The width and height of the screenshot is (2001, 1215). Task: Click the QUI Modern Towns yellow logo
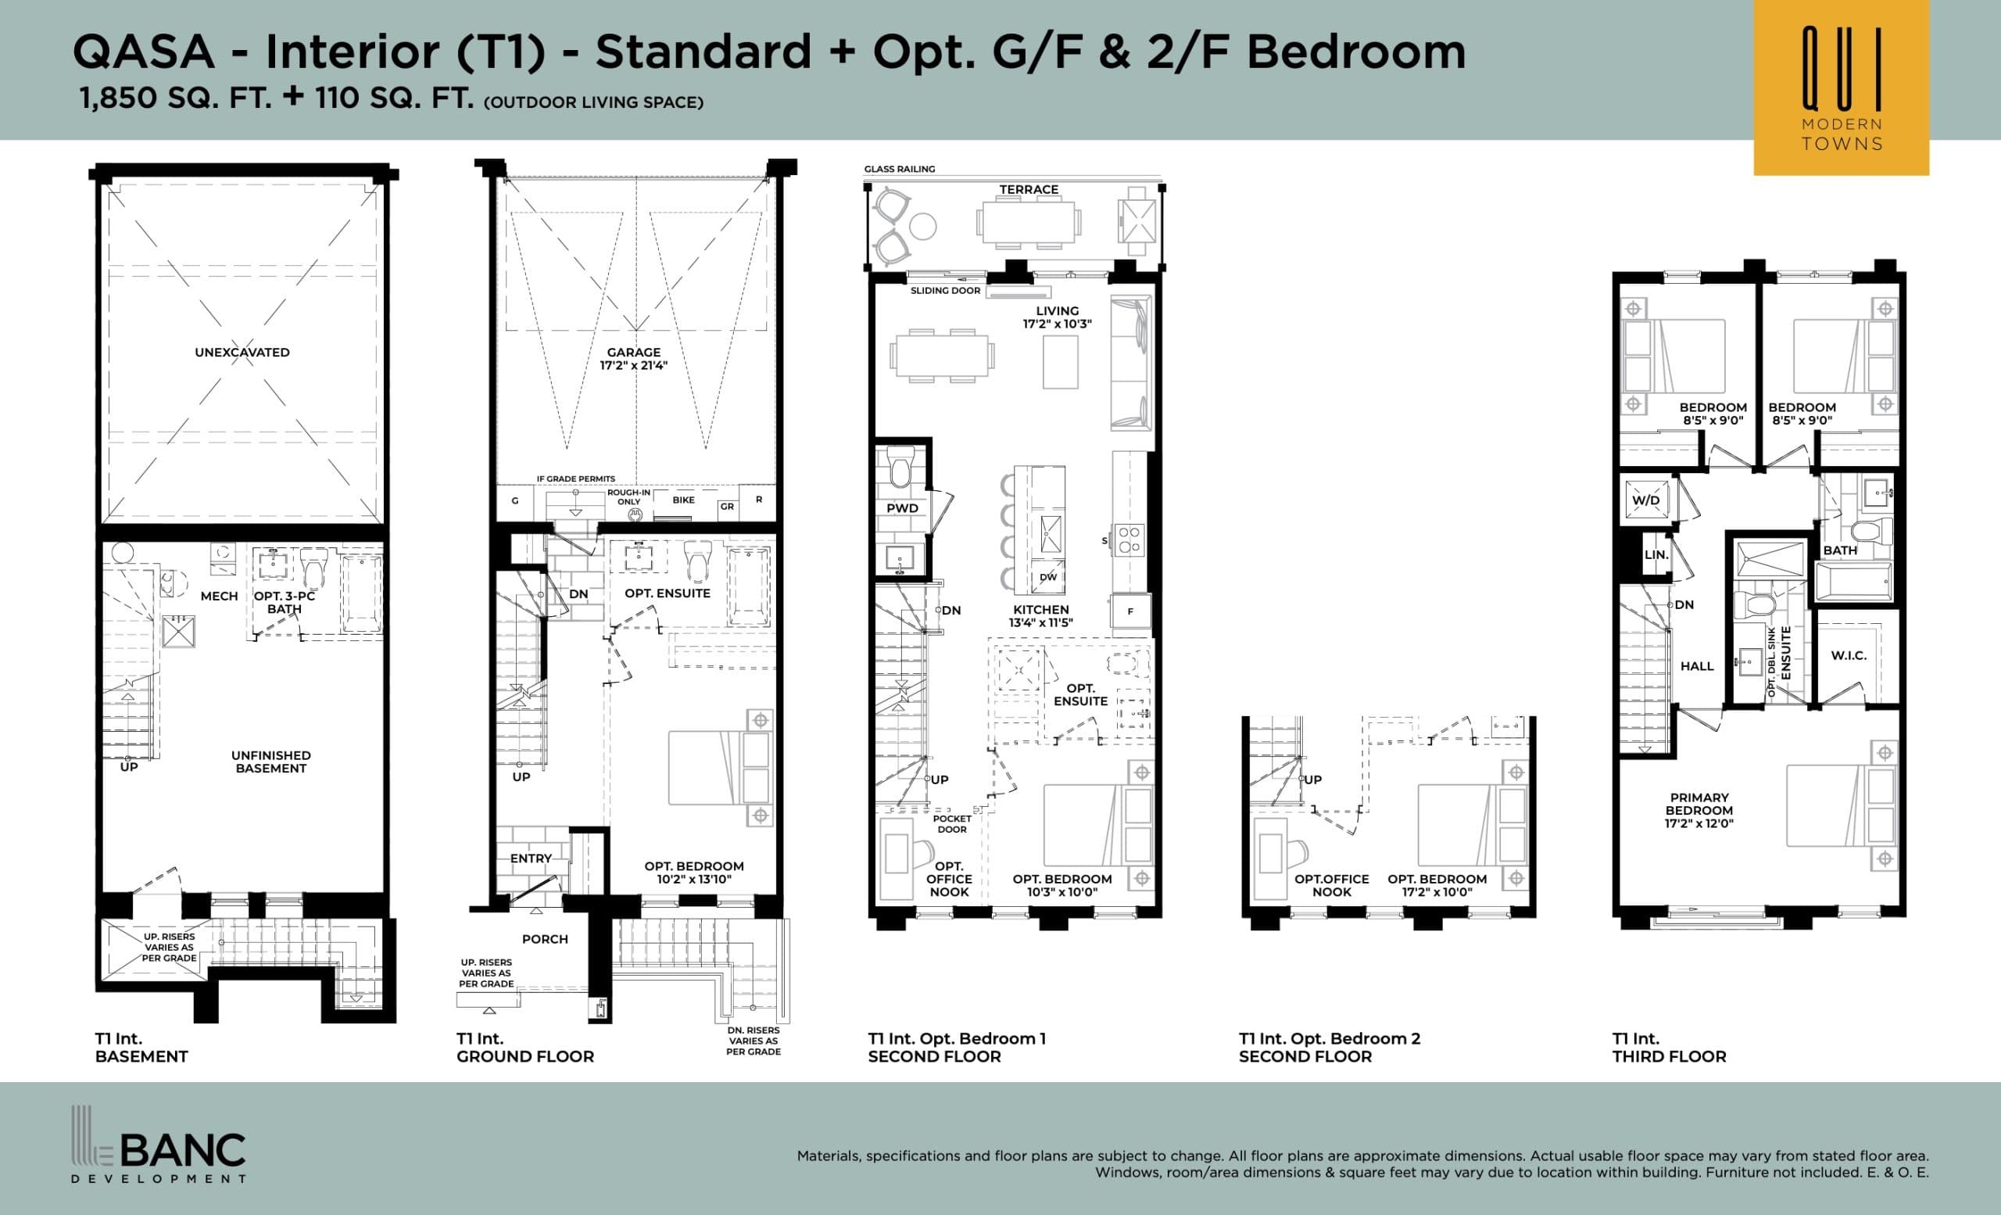(1840, 87)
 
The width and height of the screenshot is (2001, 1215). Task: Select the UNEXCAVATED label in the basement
(242, 353)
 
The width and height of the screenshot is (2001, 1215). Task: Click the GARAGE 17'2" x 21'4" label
(633, 358)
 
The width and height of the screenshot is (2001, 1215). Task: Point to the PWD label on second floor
(902, 508)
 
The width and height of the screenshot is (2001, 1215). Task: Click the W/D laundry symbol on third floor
(1646, 500)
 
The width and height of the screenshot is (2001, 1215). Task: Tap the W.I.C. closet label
(1849, 655)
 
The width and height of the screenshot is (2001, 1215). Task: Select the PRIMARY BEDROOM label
(1699, 810)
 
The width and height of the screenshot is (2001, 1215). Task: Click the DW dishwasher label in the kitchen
(1048, 578)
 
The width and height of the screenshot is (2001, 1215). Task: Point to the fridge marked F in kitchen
(1130, 611)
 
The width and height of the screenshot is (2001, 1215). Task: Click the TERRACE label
(1029, 189)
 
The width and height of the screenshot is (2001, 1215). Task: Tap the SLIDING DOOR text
(945, 291)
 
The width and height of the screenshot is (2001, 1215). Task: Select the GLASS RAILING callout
(899, 169)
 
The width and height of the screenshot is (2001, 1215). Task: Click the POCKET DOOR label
(952, 823)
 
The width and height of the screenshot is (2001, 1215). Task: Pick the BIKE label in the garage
(684, 500)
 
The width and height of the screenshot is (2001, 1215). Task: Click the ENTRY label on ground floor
(530, 858)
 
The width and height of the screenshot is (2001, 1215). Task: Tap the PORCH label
(545, 939)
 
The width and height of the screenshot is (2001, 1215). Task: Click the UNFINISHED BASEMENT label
(270, 762)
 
